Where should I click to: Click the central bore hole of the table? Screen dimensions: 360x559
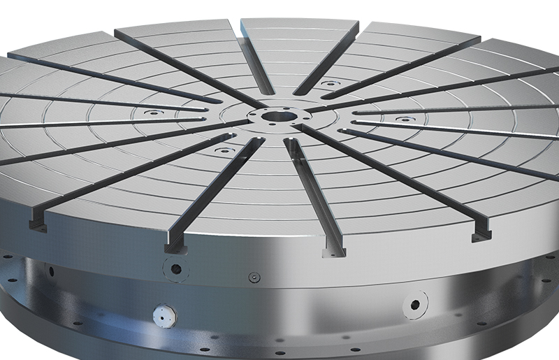coord(283,115)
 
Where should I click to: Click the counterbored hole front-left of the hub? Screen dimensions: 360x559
coord(223,150)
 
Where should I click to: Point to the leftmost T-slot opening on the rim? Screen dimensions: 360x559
coord(36,224)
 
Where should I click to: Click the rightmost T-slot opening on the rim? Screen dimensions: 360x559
coord(479,234)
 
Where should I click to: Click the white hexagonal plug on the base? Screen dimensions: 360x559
coord(164,316)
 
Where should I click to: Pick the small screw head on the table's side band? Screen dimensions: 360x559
coord(254,277)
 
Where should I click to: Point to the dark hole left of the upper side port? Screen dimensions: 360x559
coord(51,270)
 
